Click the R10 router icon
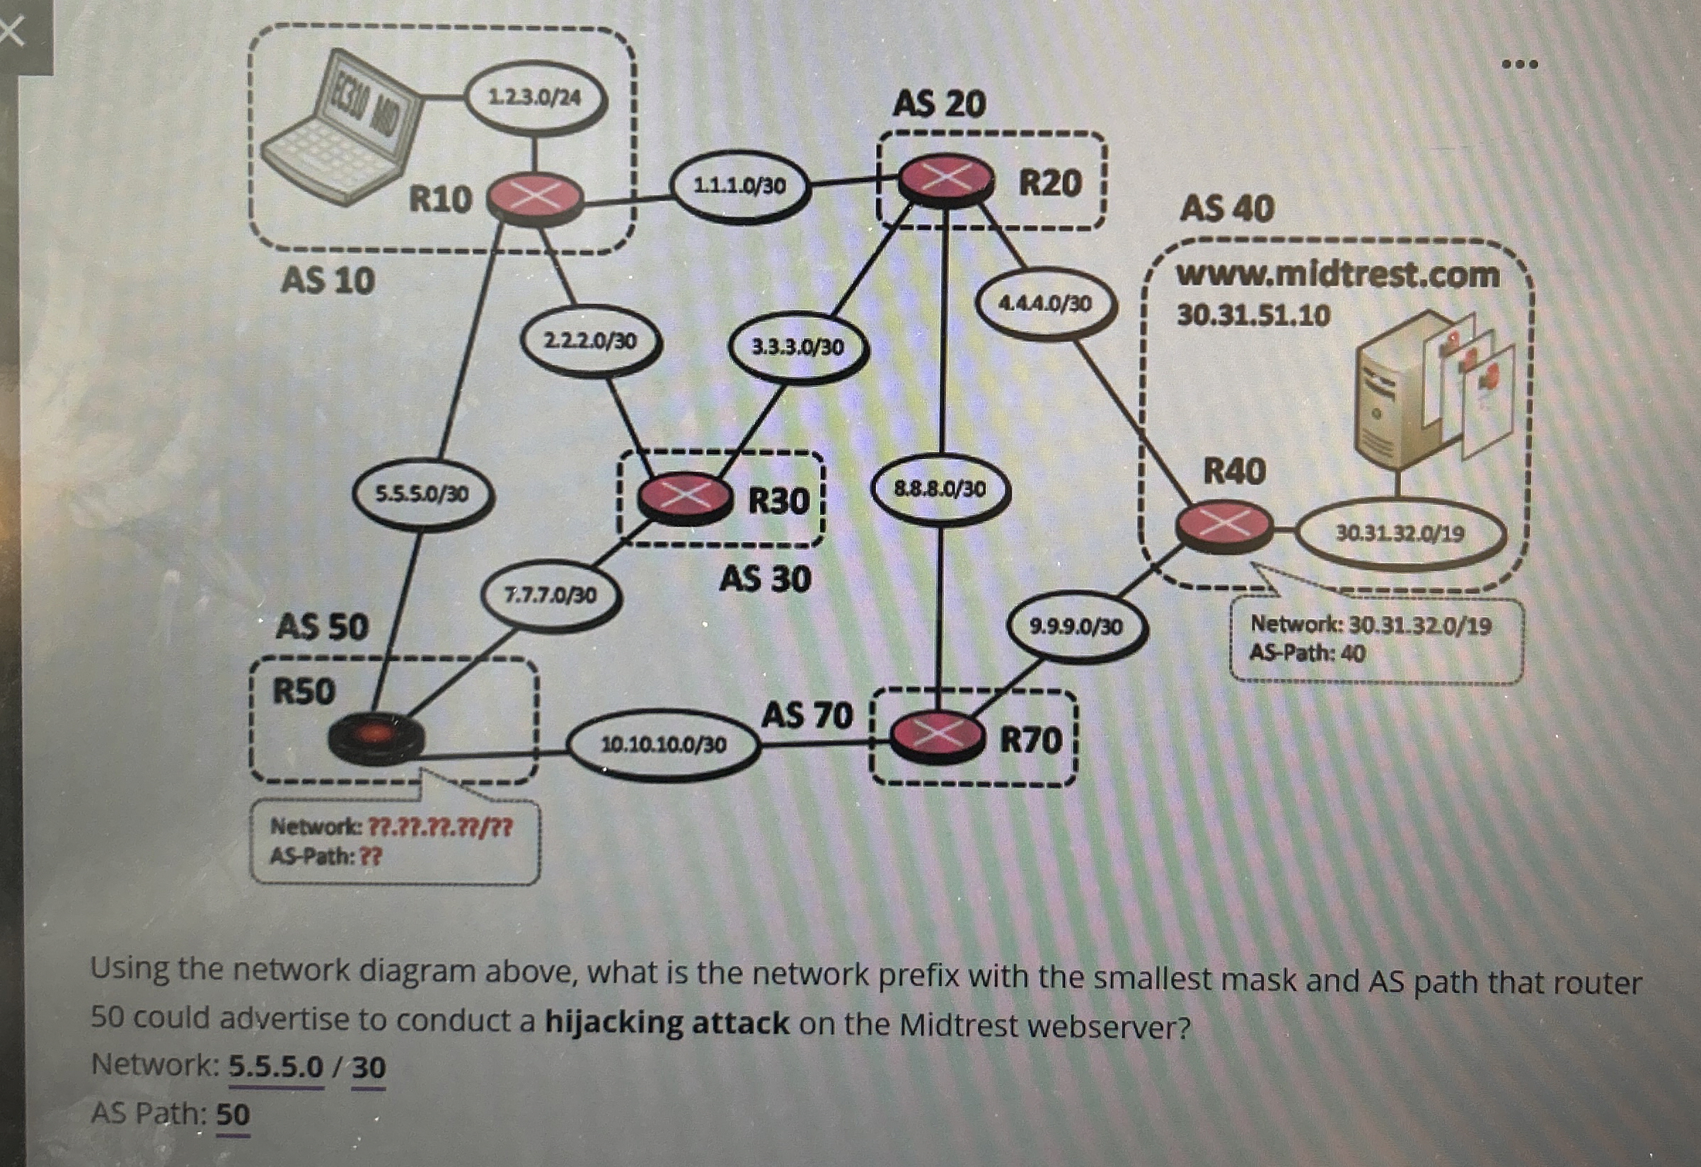pyautogui.click(x=535, y=197)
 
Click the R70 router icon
pyautogui.click(x=936, y=738)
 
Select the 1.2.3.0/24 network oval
pyautogui.click(x=535, y=98)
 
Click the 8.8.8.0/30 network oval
pyautogui.click(x=940, y=489)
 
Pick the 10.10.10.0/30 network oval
pyautogui.click(x=663, y=745)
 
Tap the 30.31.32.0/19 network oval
pyautogui.click(x=1400, y=533)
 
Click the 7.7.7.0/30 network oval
pyautogui.click(x=551, y=595)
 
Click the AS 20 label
pyautogui.click(x=939, y=103)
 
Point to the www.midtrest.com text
pyautogui.click(x=1337, y=275)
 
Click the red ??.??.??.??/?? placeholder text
pyautogui.click(x=439, y=828)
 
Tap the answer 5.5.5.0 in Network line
pyautogui.click(x=276, y=1067)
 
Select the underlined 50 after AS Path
pyautogui.click(x=233, y=1115)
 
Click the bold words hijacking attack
pyautogui.click(x=667, y=1022)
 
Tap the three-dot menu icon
pyautogui.click(x=1519, y=64)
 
